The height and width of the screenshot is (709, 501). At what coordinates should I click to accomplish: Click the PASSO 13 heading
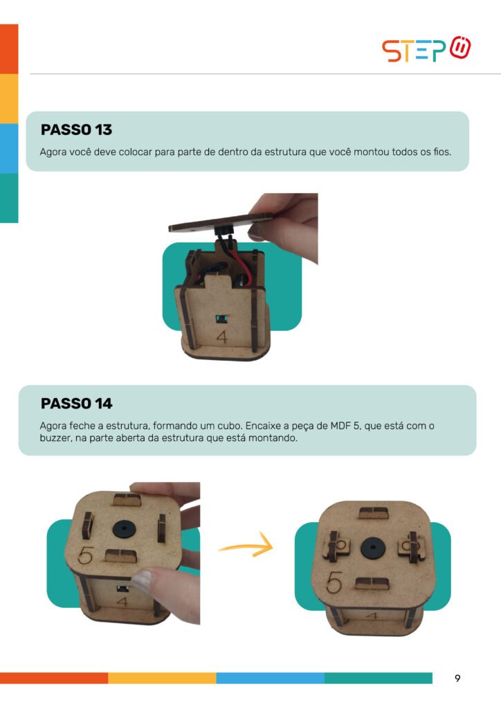click(x=76, y=129)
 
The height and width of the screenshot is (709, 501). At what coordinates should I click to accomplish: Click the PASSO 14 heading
click(x=76, y=404)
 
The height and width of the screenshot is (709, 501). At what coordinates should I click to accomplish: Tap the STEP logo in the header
click(x=426, y=49)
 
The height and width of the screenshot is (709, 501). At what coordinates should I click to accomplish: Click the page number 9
click(x=457, y=678)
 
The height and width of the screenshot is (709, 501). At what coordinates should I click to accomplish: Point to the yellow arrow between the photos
click(x=246, y=546)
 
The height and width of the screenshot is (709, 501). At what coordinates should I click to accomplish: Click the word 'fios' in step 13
click(x=441, y=152)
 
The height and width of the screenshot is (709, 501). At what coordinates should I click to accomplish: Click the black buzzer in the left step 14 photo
click(x=123, y=529)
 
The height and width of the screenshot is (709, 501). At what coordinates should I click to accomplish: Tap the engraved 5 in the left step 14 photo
click(x=85, y=556)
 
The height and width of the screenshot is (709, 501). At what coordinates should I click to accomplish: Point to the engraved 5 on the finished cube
click(x=334, y=582)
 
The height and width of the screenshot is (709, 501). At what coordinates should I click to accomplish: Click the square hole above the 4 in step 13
click(x=221, y=319)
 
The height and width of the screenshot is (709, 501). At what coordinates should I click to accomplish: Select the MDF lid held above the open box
click(x=221, y=222)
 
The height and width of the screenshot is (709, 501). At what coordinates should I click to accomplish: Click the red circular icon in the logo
click(x=460, y=48)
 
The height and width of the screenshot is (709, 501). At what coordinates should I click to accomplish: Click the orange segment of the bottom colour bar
click(x=54, y=678)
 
